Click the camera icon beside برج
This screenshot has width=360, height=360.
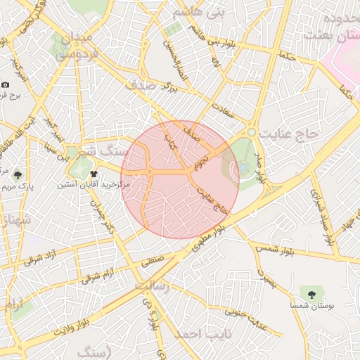pyautogui.click(x=5, y=84)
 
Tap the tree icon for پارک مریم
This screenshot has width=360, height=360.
pyautogui.click(x=18, y=176)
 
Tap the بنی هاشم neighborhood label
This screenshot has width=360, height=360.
pyautogui.click(x=201, y=13)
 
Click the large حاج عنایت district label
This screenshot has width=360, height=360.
pyautogui.click(x=289, y=132)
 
